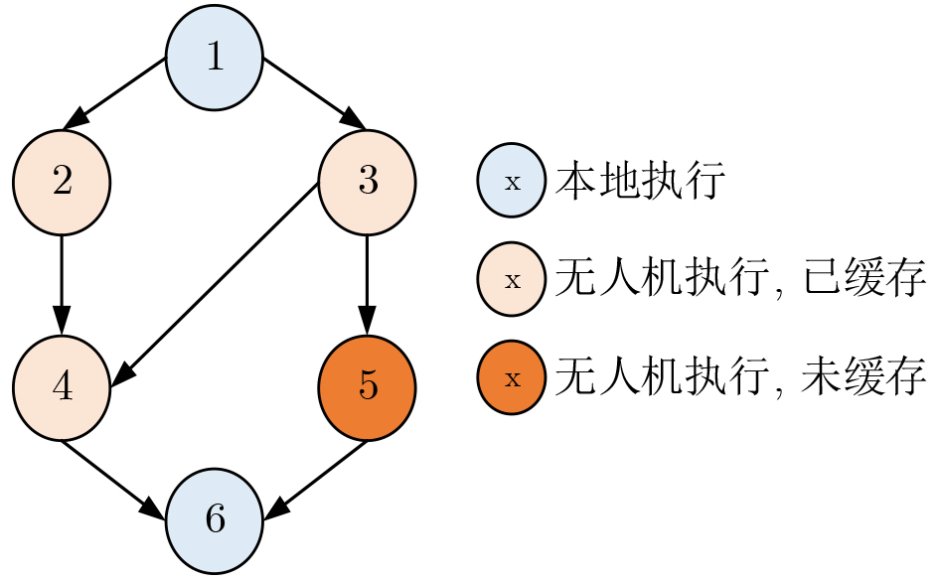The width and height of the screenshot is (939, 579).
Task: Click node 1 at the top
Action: coord(214,58)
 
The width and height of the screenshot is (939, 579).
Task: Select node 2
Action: coord(62,184)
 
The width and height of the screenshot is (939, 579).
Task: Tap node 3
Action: coord(367,184)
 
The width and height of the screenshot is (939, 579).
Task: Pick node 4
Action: coord(62,386)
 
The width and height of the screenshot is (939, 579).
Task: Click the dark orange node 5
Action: coord(367,386)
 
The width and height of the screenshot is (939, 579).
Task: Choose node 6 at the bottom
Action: coord(214,518)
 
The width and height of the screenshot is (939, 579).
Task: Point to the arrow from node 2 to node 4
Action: coord(62,284)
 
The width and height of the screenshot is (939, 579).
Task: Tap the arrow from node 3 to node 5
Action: coord(367,284)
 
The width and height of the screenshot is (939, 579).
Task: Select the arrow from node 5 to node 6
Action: coord(316,479)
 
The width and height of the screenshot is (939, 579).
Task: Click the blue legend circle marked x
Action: coord(512,182)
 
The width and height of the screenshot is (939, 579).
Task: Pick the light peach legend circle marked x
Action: coord(512,280)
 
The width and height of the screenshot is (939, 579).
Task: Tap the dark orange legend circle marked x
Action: coord(512,378)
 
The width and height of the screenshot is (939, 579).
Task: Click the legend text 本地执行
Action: coord(640,182)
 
